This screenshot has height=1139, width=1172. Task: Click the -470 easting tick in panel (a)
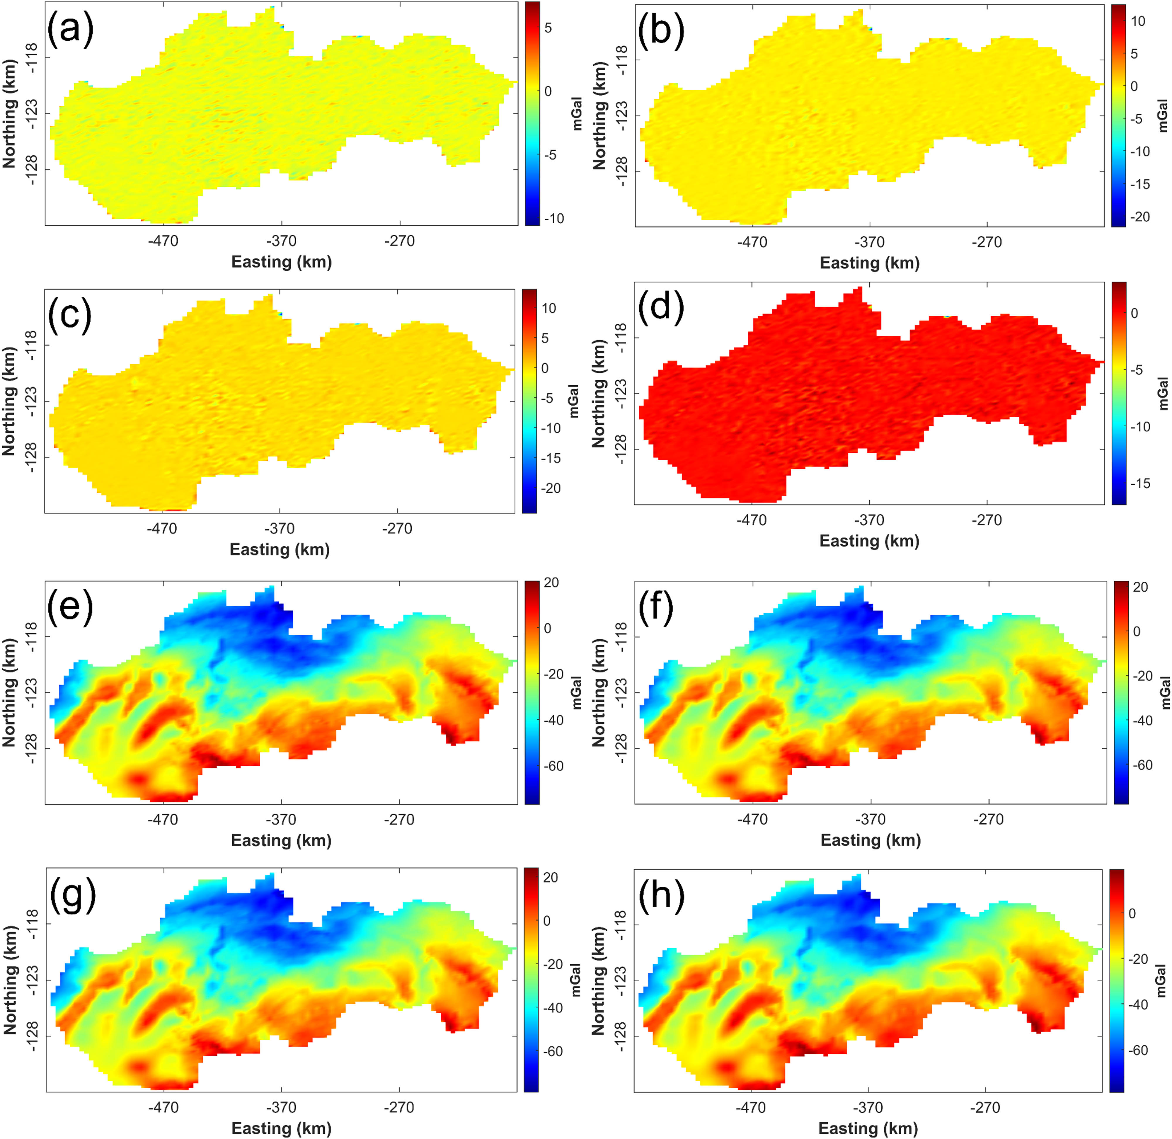[x=163, y=241]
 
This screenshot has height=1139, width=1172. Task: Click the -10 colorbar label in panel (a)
[x=554, y=218]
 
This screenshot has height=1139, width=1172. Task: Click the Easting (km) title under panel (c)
[x=280, y=549]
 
